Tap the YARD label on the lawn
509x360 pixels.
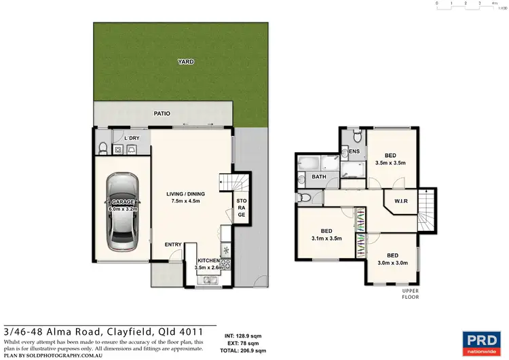(x=185, y=62)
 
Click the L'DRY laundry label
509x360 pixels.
(x=132, y=139)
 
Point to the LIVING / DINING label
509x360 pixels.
(x=185, y=194)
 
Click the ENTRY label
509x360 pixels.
(x=173, y=245)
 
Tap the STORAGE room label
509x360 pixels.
(x=240, y=208)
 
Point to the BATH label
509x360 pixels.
(x=318, y=177)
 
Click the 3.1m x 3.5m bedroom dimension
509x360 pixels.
(x=326, y=238)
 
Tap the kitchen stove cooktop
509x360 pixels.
(x=225, y=264)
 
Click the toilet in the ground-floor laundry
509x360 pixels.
(x=101, y=149)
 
